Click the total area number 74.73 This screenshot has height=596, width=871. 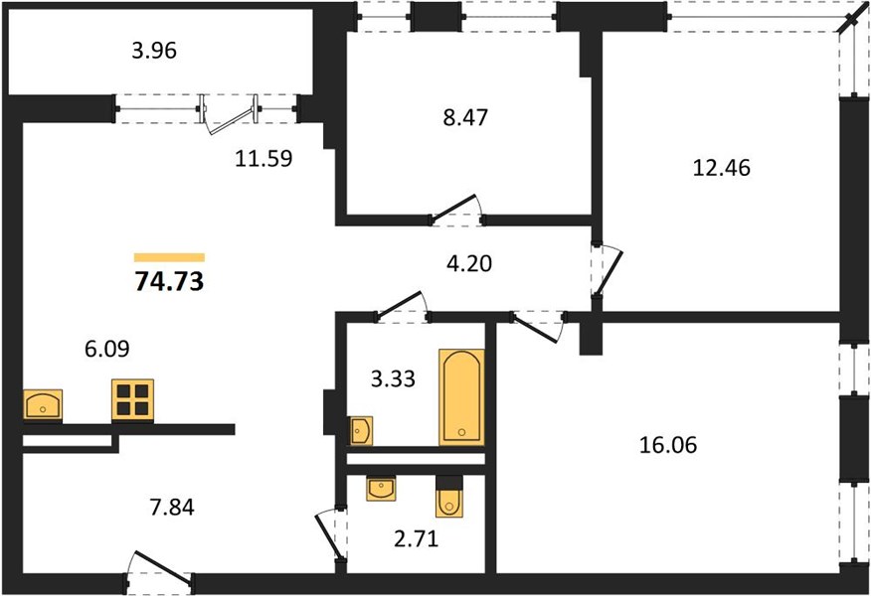pyautogui.click(x=169, y=281)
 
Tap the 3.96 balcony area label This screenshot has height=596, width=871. pyautogui.click(x=154, y=51)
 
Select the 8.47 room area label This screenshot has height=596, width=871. pyautogui.click(x=465, y=117)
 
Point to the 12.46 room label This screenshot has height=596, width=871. pyautogui.click(x=722, y=168)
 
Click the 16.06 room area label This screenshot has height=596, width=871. pyautogui.click(x=668, y=445)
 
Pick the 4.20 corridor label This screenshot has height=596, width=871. pyautogui.click(x=469, y=263)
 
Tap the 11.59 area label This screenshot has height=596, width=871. pyautogui.click(x=263, y=159)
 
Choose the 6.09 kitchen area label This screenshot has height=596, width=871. pyautogui.click(x=107, y=349)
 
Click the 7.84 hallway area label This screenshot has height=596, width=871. pyautogui.click(x=172, y=508)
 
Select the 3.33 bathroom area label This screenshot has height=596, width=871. pyautogui.click(x=394, y=379)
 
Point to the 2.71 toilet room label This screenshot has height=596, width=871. pyautogui.click(x=417, y=538)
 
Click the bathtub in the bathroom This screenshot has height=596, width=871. pyautogui.click(x=461, y=396)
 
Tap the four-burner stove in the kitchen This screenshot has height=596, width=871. pyautogui.click(x=133, y=400)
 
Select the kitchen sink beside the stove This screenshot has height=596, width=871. pyautogui.click(x=43, y=404)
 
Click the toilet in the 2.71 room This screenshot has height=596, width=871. pyautogui.click(x=448, y=497)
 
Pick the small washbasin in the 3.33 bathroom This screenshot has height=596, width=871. pyautogui.click(x=361, y=431)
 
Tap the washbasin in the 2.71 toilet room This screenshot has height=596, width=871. pyautogui.click(x=381, y=489)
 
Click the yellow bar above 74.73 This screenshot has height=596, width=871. pyautogui.click(x=169, y=257)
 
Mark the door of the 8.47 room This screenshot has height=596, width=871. pyautogui.click(x=455, y=210)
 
